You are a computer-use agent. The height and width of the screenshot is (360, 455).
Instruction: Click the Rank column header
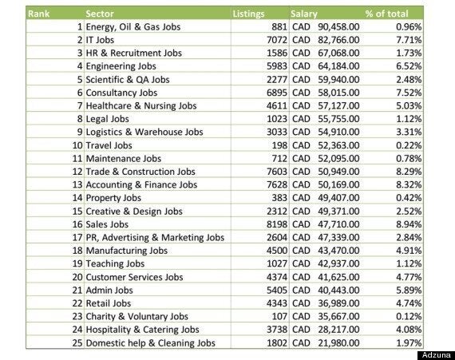coord(38,14)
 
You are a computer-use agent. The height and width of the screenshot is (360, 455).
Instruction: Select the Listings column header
coord(249,14)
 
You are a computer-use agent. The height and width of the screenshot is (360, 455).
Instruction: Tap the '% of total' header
coord(386,14)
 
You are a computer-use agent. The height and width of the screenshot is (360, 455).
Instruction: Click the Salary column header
coord(304,14)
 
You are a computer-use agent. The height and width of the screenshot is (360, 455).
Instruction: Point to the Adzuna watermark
coord(436,355)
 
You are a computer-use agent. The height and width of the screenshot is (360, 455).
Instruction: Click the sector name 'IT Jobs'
coord(100,40)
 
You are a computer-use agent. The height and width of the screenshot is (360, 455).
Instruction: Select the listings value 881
coord(279,27)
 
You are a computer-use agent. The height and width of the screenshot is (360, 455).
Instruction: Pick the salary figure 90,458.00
coord(338,27)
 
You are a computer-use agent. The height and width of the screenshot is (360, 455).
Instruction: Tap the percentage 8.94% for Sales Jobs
coord(409,224)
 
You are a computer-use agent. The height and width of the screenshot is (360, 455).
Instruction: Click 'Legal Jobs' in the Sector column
coord(108,119)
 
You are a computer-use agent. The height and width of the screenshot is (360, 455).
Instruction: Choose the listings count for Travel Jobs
coord(279,145)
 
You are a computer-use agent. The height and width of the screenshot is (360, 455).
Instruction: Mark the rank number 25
coord(77,343)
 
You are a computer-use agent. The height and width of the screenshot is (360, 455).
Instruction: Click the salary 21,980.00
coord(338,343)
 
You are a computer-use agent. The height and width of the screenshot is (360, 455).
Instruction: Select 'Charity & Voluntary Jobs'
coord(137,316)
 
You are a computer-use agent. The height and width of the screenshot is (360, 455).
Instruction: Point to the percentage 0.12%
coord(409,316)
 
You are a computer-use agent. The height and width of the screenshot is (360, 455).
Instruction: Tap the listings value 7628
coord(277,184)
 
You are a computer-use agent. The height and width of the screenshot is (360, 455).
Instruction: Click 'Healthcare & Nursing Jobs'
coord(141,106)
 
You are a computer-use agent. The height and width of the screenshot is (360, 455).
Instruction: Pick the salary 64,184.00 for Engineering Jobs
coord(338,66)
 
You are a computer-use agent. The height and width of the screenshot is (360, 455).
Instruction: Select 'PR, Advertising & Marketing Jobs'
coord(155,238)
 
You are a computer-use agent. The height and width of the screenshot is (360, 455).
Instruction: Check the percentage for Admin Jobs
coord(409,290)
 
